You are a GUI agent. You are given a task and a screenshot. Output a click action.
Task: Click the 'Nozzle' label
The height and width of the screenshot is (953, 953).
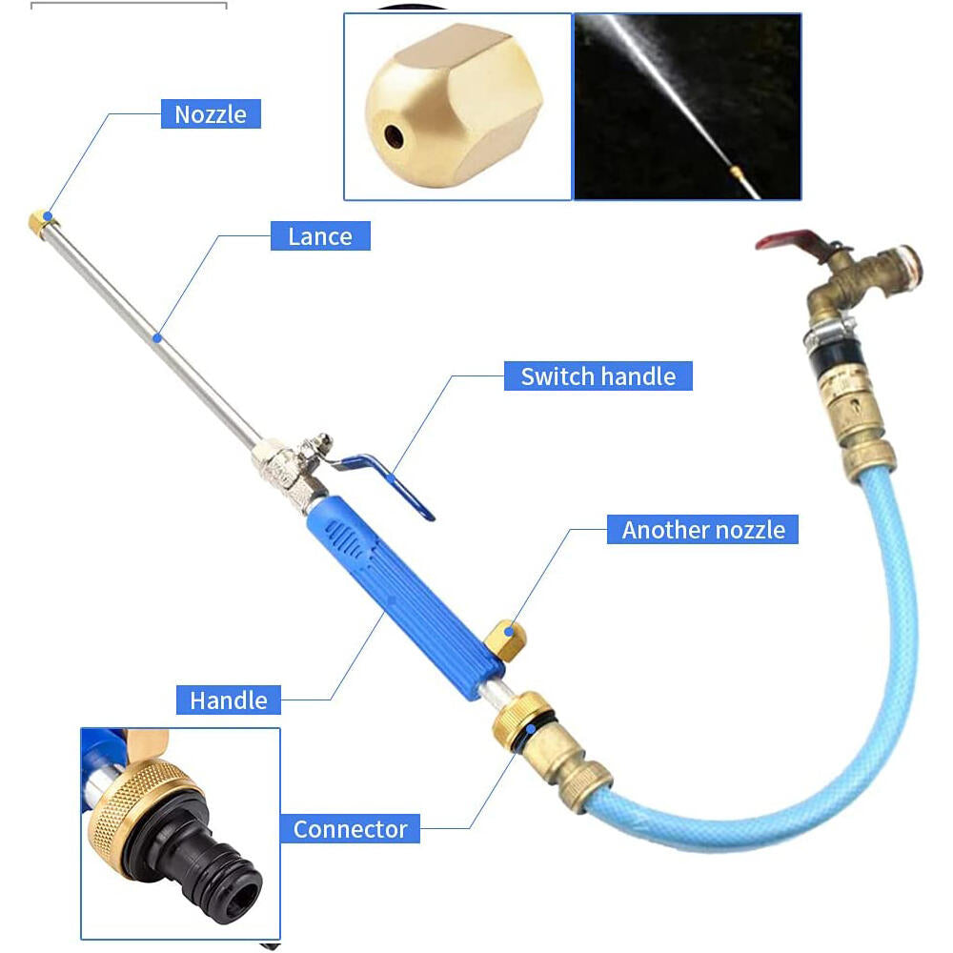point(211,114)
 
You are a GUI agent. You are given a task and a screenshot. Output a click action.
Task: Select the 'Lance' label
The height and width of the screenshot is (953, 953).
point(320,235)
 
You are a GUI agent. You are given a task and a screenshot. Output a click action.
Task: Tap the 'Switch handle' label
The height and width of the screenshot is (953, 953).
point(598,376)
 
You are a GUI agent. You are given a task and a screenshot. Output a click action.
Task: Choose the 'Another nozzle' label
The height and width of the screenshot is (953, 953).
point(703,529)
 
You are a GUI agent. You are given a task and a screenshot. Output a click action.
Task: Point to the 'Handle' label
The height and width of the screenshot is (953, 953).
point(229,700)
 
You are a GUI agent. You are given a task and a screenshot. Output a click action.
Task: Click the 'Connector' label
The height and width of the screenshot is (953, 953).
point(350,829)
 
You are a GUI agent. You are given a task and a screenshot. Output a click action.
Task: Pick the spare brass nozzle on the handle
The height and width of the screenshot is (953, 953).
point(506,640)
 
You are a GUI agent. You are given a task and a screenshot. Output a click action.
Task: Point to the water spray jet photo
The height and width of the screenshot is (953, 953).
point(687,107)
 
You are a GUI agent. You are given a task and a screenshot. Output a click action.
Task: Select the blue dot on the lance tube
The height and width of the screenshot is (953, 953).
point(157,338)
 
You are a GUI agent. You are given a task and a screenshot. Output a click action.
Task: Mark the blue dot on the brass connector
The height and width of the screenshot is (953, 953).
point(531,728)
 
